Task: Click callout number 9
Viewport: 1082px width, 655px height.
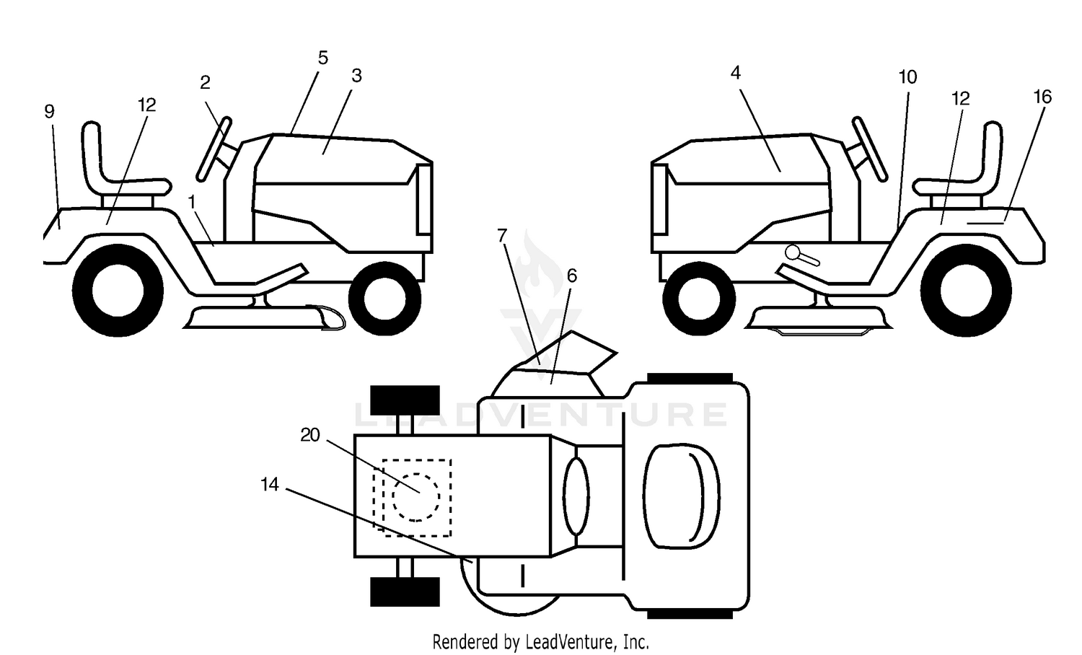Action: click(49, 112)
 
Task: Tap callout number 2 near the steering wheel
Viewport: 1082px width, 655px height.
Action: click(206, 83)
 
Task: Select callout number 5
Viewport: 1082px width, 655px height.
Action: click(323, 58)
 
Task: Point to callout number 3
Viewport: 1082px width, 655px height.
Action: click(356, 76)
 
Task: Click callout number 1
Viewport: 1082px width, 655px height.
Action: click(192, 203)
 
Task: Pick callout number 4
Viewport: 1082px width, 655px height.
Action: click(735, 73)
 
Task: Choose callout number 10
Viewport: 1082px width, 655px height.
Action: click(907, 77)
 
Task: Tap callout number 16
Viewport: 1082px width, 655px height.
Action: click(1042, 97)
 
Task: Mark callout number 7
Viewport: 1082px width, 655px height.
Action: click(502, 236)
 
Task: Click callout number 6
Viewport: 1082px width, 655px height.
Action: click(572, 276)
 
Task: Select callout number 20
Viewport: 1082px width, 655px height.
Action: click(310, 435)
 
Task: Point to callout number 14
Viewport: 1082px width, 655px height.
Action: click(270, 485)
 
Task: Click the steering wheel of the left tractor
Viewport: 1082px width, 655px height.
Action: click(214, 149)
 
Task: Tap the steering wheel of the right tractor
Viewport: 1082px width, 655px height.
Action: click(870, 149)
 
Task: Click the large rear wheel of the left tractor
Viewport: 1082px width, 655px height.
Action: click(118, 291)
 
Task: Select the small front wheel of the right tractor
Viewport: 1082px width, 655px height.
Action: click(699, 299)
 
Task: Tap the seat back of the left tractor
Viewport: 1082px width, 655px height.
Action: click(92, 154)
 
